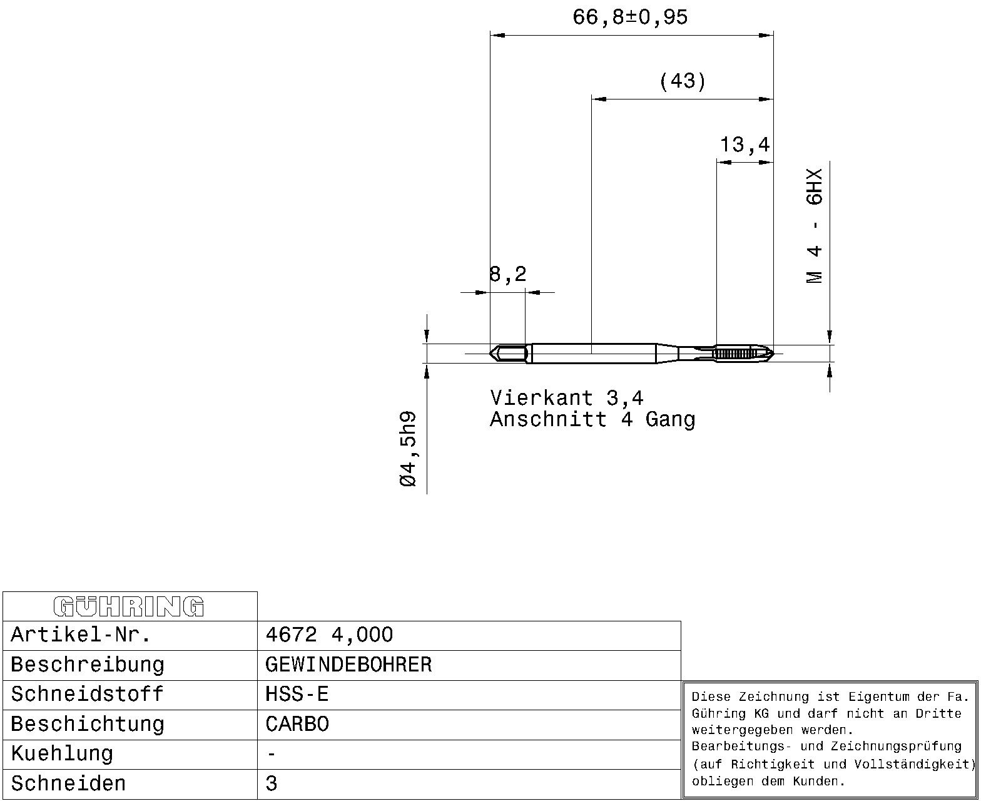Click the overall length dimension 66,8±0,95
click(x=630, y=18)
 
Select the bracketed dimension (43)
click(x=683, y=81)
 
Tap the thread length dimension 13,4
click(x=744, y=145)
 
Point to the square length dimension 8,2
click(x=507, y=274)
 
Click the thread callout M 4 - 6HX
click(x=815, y=226)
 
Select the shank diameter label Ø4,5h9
click(x=407, y=449)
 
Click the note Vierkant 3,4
click(x=567, y=398)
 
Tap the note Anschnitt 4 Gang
click(x=592, y=419)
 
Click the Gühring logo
click(x=129, y=606)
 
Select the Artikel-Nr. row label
click(x=81, y=635)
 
